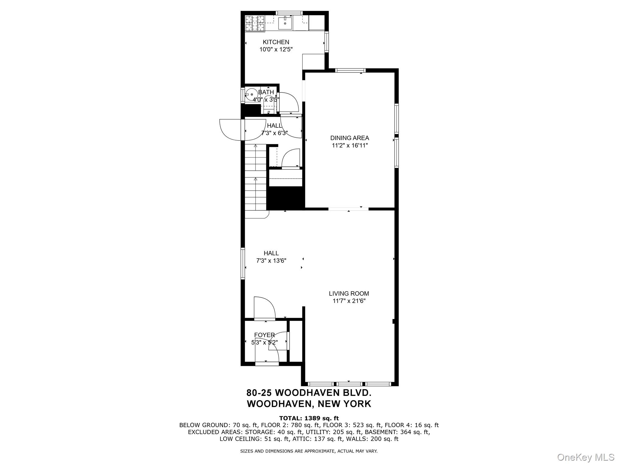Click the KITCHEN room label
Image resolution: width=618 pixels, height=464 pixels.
[276, 42]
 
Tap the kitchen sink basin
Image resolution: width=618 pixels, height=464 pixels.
[285, 22]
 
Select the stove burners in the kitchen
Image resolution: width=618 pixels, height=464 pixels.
[255, 23]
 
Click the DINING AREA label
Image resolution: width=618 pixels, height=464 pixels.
[349, 138]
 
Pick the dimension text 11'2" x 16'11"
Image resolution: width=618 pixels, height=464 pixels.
[349, 145]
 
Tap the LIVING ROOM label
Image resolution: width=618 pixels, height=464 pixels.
[349, 293]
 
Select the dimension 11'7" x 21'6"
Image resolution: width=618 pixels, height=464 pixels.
[349, 301]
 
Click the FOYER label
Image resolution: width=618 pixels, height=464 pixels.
[264, 335]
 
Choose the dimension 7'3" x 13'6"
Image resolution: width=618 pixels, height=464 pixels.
[271, 260]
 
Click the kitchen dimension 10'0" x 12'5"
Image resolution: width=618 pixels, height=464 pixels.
[276, 49]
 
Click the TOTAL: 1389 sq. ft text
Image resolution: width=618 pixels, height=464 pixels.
[309, 418]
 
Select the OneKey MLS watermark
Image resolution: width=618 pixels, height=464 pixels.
[585, 457]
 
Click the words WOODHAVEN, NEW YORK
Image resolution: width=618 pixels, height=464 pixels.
[309, 404]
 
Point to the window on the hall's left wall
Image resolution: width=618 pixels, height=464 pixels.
[242, 263]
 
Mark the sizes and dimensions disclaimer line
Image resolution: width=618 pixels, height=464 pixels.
[309, 451]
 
